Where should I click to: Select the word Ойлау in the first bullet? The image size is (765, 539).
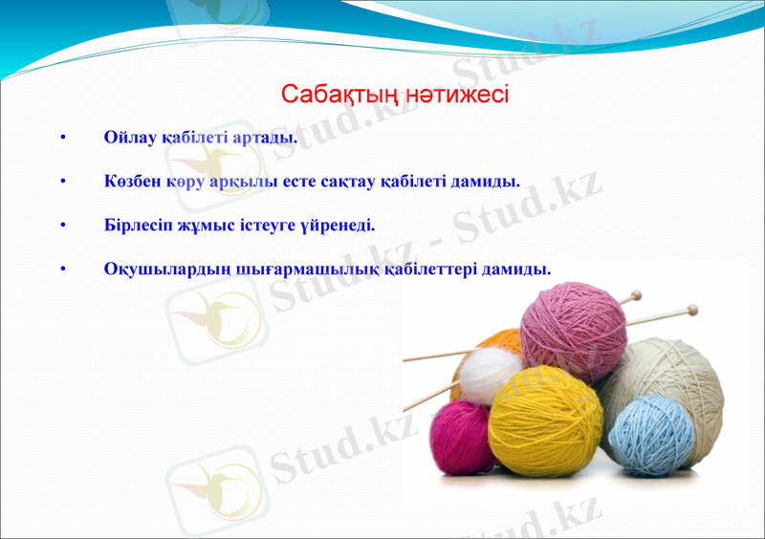click(130, 138)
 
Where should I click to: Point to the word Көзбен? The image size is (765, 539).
click(132, 182)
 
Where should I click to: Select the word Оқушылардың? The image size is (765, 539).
click(167, 269)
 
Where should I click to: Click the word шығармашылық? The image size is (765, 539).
click(308, 269)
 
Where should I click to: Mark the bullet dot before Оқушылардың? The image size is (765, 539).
click(63, 270)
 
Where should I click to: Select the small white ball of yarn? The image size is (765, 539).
click(491, 375)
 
